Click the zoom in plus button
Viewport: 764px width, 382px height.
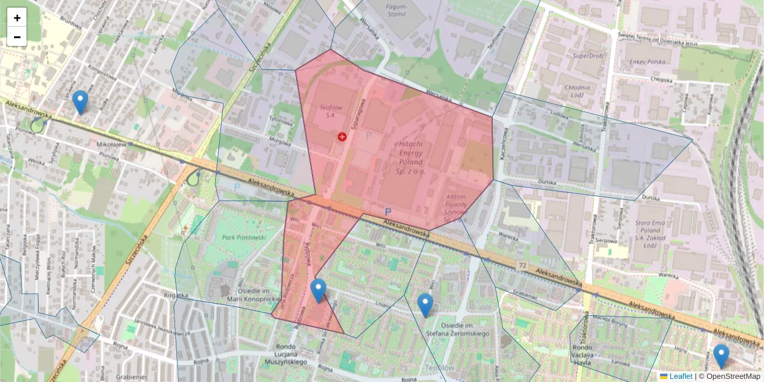coord(17,18)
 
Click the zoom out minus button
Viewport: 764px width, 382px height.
coord(17,37)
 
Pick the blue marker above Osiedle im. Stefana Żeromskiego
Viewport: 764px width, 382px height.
coord(425,305)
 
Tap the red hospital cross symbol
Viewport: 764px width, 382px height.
coord(342,136)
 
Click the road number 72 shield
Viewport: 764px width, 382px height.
coord(523,264)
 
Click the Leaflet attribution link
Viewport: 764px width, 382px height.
coord(680,376)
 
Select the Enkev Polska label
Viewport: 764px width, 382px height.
coord(647,62)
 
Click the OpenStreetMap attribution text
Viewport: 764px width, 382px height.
coord(733,376)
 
